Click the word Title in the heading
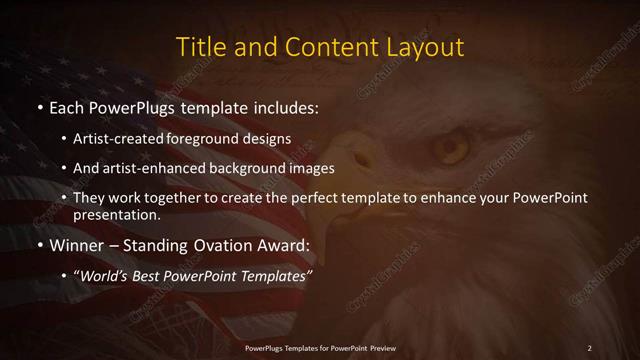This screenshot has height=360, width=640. pos(200,47)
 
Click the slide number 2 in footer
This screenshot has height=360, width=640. pos(589,348)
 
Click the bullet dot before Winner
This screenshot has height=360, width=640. pos(40,245)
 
